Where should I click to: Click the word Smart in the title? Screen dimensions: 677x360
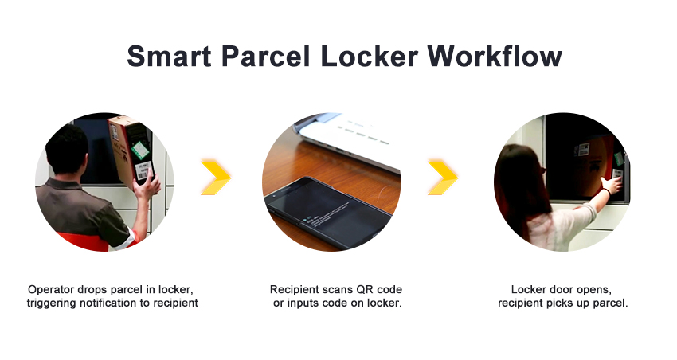coord(169,56)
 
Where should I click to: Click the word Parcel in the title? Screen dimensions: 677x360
coord(265,56)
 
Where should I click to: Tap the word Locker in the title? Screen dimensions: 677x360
coord(369,56)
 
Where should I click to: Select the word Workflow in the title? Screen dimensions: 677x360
coord(495,56)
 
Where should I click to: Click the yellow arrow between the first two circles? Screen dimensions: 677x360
coord(216,177)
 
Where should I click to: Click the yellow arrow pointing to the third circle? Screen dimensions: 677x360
coord(443,177)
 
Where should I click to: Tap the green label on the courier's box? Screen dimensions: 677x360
coord(140,150)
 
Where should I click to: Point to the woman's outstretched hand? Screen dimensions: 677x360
coord(612,186)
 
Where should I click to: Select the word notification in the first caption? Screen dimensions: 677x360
coord(108,303)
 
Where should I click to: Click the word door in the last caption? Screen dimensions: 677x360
coord(562,290)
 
